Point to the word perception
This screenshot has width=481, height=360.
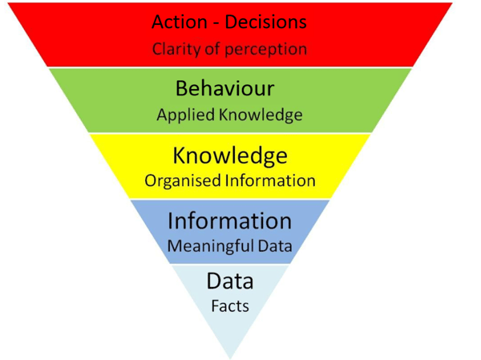click(x=267, y=49)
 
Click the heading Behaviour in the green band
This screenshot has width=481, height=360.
click(x=229, y=88)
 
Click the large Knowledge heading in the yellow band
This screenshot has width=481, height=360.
click(x=230, y=154)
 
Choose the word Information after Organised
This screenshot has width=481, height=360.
click(x=269, y=180)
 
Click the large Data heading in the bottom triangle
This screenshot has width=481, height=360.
click(x=230, y=281)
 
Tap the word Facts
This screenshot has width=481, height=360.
click(x=230, y=306)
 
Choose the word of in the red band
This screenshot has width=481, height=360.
click(x=217, y=48)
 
